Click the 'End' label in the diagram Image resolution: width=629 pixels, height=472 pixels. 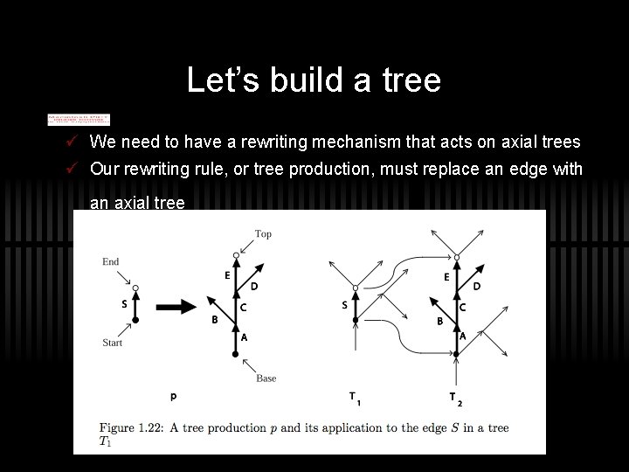tap(110, 261)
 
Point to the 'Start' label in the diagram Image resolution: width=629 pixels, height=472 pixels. tap(112, 343)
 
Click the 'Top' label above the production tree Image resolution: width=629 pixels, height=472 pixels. tap(263, 234)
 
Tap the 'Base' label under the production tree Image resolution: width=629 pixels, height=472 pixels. tap(266, 378)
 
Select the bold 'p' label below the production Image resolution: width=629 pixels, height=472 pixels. tap(174, 397)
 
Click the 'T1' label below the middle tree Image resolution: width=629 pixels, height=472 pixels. tap(355, 399)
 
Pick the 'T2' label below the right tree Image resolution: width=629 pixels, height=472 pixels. tap(454, 399)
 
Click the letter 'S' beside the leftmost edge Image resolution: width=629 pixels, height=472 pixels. tap(124, 305)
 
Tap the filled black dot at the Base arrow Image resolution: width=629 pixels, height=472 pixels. tap(236, 354)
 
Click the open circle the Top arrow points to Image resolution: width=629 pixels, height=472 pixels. tap(236, 255)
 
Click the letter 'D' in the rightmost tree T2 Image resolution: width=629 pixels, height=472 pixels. tap(477, 286)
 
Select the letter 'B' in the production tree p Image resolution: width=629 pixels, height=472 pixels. tap(215, 320)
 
